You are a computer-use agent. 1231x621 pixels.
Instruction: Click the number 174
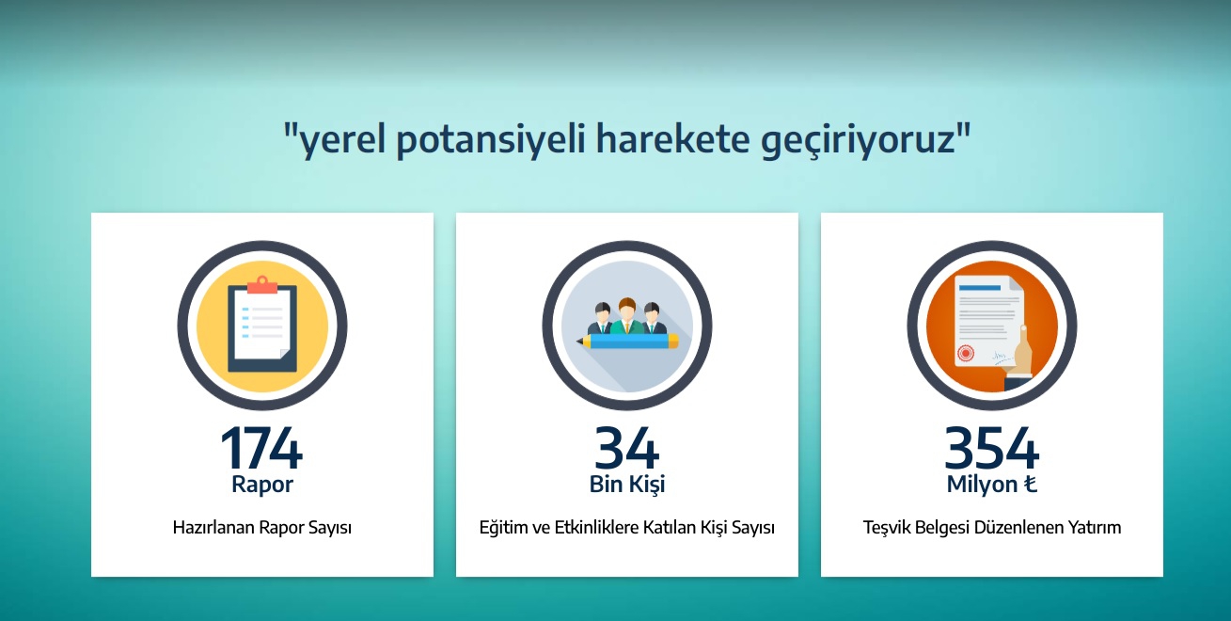pos(261,448)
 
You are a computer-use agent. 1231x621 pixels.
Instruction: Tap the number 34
pos(627,448)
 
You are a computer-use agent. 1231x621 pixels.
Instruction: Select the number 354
pos(992,448)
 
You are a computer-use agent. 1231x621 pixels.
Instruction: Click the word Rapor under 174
pos(262,485)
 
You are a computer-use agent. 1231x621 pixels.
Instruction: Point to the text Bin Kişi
pos(627,485)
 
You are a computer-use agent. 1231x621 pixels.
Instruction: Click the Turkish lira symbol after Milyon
pos(1030,484)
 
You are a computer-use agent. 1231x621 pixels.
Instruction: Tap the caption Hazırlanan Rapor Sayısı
pos(262,528)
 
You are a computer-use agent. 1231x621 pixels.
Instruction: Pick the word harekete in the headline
pos(672,138)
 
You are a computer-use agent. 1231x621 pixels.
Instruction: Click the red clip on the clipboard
pos(262,285)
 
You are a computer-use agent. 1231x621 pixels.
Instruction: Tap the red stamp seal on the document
pos(966,353)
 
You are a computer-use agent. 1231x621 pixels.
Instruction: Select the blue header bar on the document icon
pos(979,288)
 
